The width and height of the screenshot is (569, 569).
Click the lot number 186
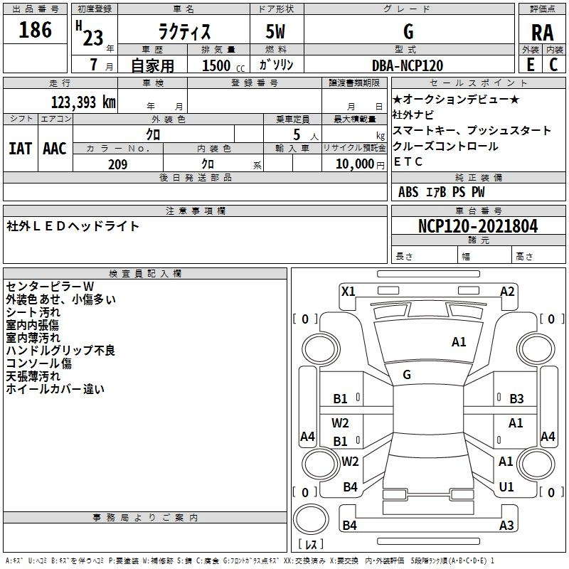click(x=36, y=31)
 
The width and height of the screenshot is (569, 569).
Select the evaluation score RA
click(x=542, y=33)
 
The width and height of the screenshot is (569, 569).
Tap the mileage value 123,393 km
click(x=83, y=102)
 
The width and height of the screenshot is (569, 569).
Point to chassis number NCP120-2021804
click(x=478, y=226)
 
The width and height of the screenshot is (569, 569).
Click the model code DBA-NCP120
click(x=408, y=65)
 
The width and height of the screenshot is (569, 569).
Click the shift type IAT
click(x=20, y=149)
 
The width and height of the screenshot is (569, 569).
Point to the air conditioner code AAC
click(x=55, y=149)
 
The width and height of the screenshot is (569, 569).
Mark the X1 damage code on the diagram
click(x=348, y=291)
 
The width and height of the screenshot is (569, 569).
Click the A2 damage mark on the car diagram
click(x=507, y=291)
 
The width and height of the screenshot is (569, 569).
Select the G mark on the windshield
click(x=407, y=375)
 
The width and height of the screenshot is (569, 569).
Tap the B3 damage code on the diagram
click(x=516, y=399)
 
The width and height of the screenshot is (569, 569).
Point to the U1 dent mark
click(x=506, y=487)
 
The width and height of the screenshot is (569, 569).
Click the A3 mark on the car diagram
click(x=506, y=526)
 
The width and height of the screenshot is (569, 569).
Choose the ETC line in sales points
click(x=408, y=162)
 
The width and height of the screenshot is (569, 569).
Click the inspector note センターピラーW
click(x=50, y=287)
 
